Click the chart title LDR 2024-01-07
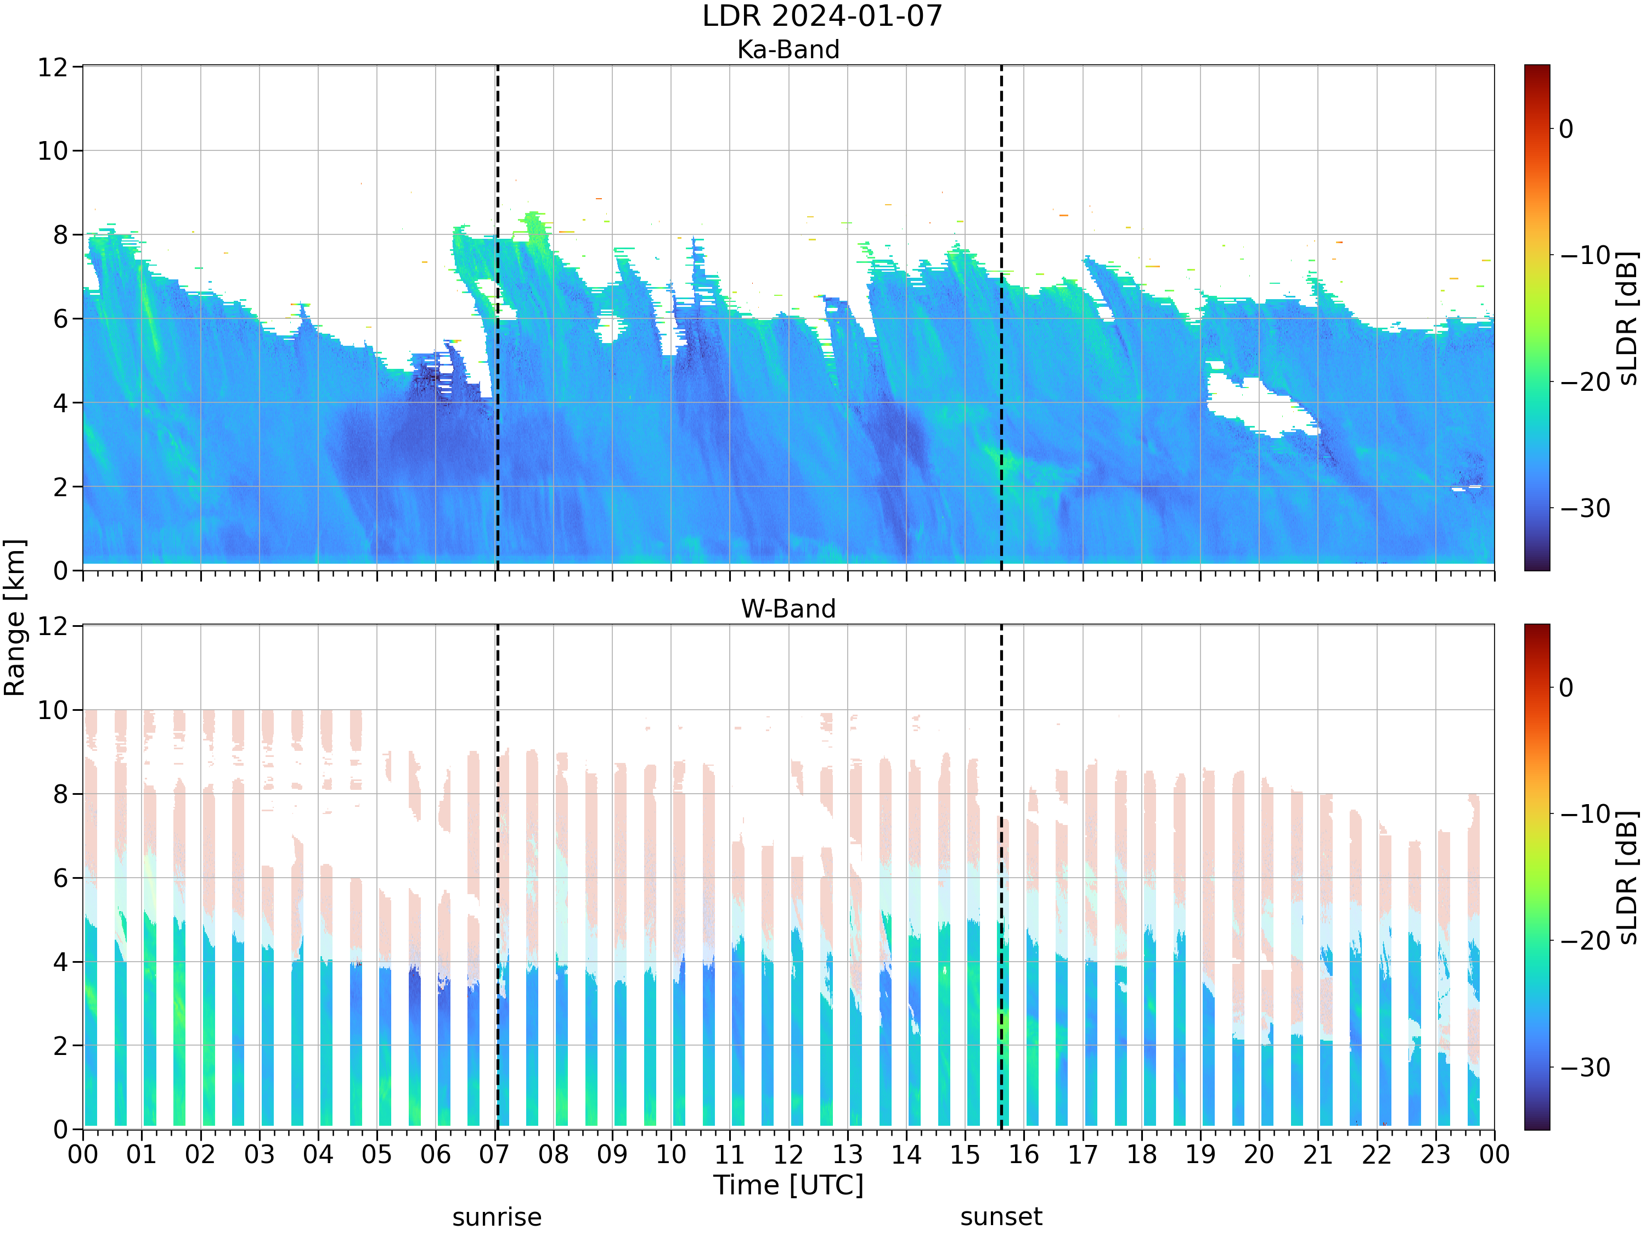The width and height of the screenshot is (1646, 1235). coord(822,15)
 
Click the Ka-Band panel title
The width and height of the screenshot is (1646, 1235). coord(788,49)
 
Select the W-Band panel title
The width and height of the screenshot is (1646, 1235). coord(788,609)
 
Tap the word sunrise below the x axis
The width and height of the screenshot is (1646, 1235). coord(497,1217)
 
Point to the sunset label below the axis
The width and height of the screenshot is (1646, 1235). coord(1001,1217)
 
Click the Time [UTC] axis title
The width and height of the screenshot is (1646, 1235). coord(788,1185)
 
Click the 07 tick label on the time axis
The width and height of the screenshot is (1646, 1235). coord(494,1155)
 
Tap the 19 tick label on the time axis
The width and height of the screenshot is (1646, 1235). coord(1200,1155)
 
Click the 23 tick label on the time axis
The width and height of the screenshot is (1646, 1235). coord(1435,1155)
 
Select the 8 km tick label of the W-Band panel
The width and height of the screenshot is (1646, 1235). coord(61,794)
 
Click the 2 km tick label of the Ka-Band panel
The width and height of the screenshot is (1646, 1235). coord(61,487)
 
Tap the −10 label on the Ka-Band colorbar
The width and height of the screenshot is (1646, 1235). coord(1585,255)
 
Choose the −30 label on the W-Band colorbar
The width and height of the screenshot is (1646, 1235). coord(1585,1068)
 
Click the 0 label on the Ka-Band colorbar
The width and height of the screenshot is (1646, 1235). coord(1566,129)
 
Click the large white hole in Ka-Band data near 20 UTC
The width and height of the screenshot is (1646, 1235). coord(1258,406)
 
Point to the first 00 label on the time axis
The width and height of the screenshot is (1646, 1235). coord(83,1155)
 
